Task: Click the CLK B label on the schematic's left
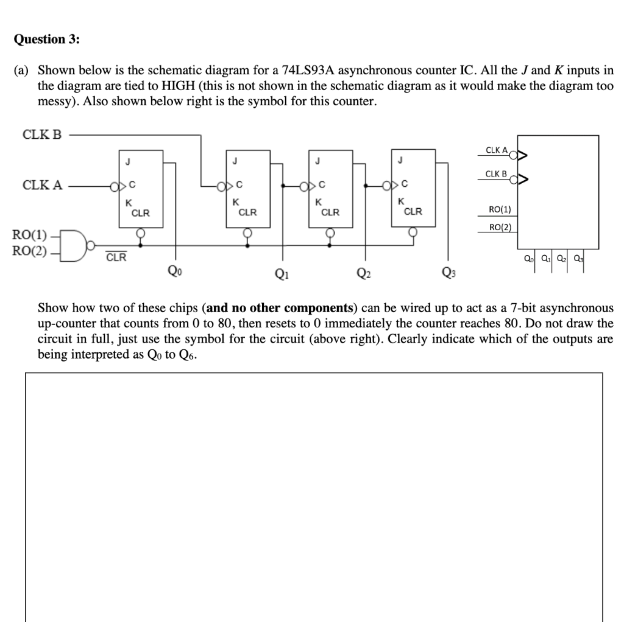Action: click(42, 135)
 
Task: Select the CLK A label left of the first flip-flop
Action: click(42, 185)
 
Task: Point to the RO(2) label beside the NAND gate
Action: click(29, 250)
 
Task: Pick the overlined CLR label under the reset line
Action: click(116, 257)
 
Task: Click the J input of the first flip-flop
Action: click(127, 161)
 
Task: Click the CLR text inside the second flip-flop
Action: click(247, 212)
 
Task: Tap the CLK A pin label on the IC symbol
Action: click(497, 150)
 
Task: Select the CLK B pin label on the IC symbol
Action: click(497, 175)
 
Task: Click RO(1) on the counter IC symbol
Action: click(500, 210)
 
